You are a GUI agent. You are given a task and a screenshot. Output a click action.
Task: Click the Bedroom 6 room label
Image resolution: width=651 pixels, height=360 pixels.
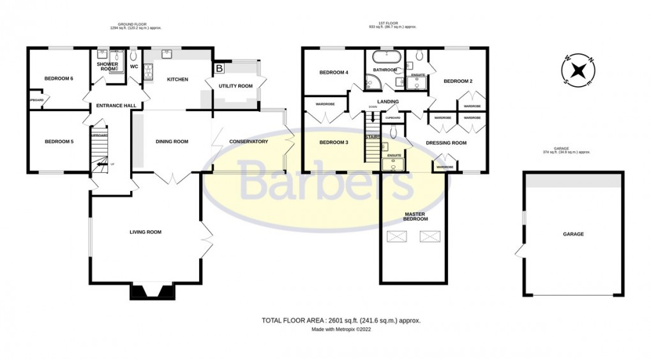coord(59,79)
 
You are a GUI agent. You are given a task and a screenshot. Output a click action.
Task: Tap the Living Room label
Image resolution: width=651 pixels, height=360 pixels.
coord(146,232)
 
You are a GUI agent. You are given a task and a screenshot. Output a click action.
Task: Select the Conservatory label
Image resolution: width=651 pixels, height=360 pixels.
coord(248,142)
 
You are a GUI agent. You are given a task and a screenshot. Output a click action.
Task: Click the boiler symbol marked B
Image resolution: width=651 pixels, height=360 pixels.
coord(220,67)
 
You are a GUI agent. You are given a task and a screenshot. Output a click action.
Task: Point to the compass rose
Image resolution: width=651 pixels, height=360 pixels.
coord(578,71)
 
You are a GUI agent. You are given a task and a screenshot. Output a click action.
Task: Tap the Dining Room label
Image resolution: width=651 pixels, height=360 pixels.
coord(172,142)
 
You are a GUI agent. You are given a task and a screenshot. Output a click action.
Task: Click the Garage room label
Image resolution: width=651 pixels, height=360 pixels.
coord(572,234)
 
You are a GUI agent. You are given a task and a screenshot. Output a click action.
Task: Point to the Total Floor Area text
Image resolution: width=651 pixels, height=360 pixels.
coord(341,320)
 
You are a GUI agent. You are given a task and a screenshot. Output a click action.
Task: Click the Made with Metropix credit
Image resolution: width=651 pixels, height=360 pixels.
coord(341,330)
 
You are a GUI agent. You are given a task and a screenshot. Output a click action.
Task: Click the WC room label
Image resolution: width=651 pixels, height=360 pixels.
coord(134,66)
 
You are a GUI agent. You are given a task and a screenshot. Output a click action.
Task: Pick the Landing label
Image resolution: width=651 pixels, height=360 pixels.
coord(388,101)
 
